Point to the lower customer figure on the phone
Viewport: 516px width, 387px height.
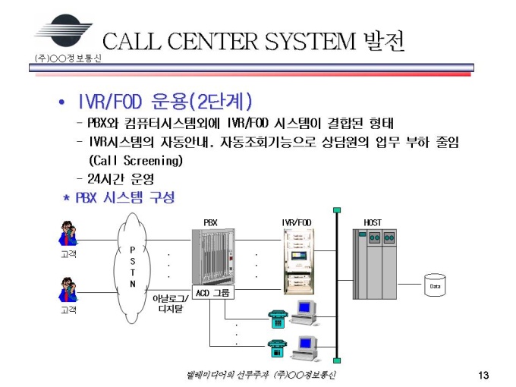pyautogui.click(x=68, y=291)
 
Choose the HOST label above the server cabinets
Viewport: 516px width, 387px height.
pyautogui.click(x=373, y=222)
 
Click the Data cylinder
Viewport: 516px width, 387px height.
pyautogui.click(x=435, y=285)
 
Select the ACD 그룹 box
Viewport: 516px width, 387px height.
pyautogui.click(x=212, y=293)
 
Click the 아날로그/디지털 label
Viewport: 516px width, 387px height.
pyautogui.click(x=169, y=304)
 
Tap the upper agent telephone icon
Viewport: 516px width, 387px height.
pyautogui.click(x=278, y=318)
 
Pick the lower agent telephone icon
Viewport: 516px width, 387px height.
pyautogui.click(x=278, y=349)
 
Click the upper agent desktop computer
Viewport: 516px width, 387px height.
pyautogui.click(x=305, y=311)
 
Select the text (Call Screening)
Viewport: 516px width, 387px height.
pyautogui.click(x=136, y=161)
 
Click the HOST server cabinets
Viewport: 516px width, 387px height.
pyautogui.click(x=375, y=263)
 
